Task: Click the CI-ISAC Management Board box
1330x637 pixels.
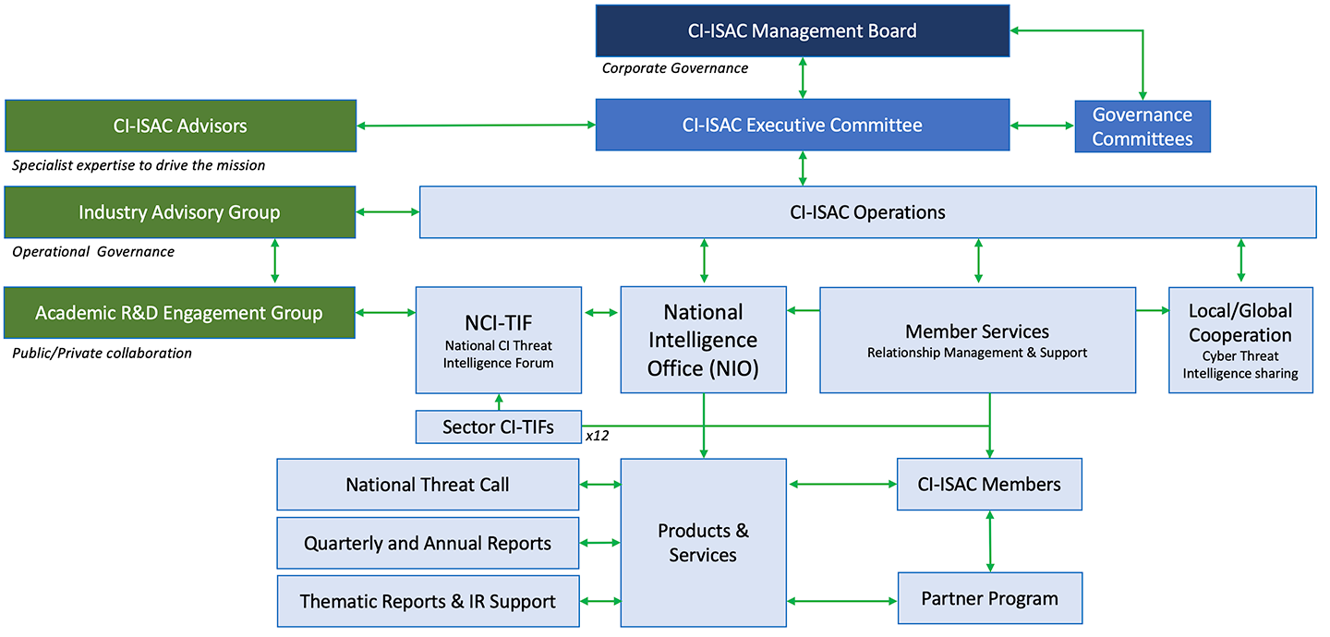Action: click(802, 30)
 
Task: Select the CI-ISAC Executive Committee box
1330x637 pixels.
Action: click(802, 125)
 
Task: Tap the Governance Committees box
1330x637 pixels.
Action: click(1143, 126)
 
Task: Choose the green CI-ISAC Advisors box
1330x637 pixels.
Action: click(180, 126)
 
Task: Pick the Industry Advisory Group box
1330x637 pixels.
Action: click(180, 212)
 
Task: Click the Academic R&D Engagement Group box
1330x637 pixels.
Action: click(180, 313)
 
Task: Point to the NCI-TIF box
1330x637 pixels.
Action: click(499, 340)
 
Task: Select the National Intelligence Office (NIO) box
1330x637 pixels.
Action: click(703, 340)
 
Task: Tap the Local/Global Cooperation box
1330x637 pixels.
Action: click(1240, 340)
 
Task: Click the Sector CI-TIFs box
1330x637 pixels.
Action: click(499, 427)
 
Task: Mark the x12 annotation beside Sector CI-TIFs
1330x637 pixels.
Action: click(597, 435)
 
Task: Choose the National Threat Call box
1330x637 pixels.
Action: click(428, 485)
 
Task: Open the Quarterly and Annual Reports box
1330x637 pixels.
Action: click(428, 544)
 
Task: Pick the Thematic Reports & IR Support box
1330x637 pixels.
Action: click(428, 602)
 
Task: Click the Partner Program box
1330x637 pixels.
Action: click(989, 598)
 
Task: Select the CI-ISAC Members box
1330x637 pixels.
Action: click(989, 485)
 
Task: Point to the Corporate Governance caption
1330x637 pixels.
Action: click(675, 68)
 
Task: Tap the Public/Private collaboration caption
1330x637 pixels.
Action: click(103, 353)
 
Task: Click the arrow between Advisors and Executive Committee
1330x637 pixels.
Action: click(476, 126)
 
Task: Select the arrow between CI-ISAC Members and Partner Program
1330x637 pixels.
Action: click(989, 541)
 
